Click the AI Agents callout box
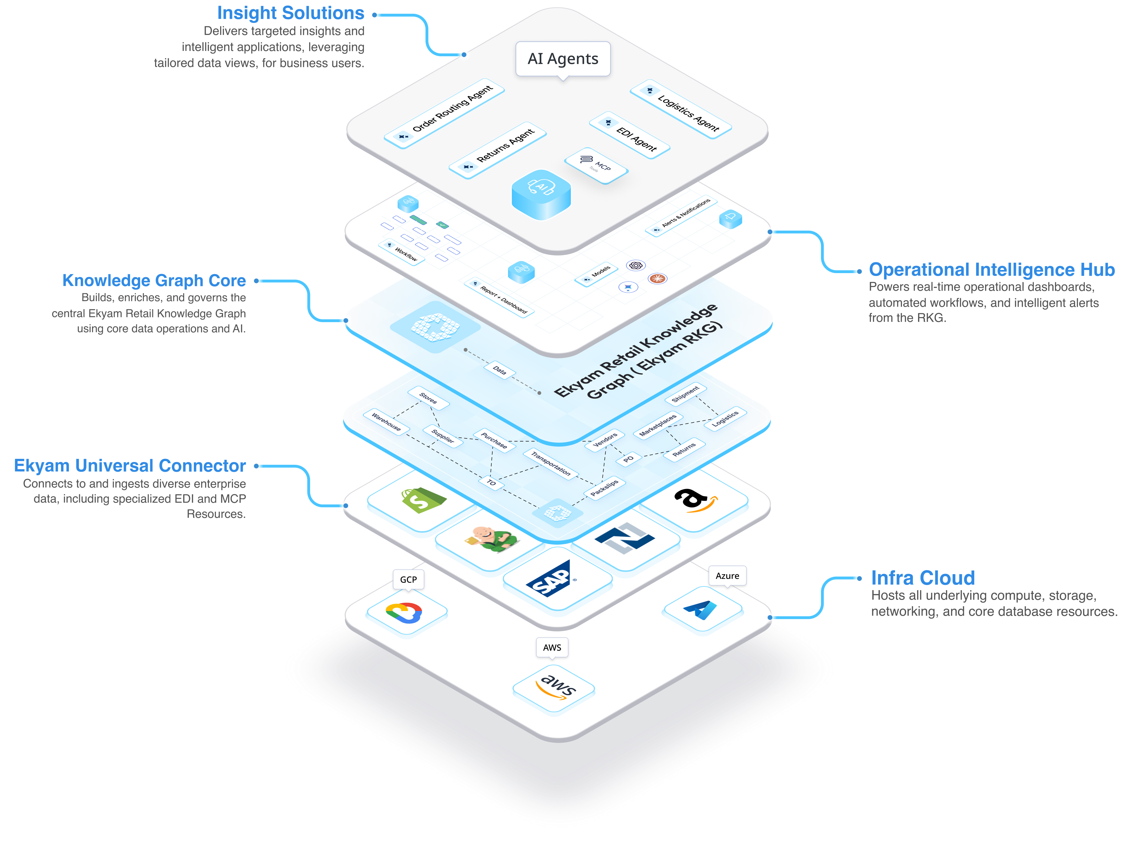tap(562, 59)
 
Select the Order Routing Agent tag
tap(444, 113)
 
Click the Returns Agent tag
tap(498, 150)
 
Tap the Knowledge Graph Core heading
tap(154, 281)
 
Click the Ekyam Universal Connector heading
tap(130, 466)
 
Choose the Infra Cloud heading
tap(922, 578)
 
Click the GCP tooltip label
tap(408, 579)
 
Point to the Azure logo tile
tap(702, 609)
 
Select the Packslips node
tap(604, 488)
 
